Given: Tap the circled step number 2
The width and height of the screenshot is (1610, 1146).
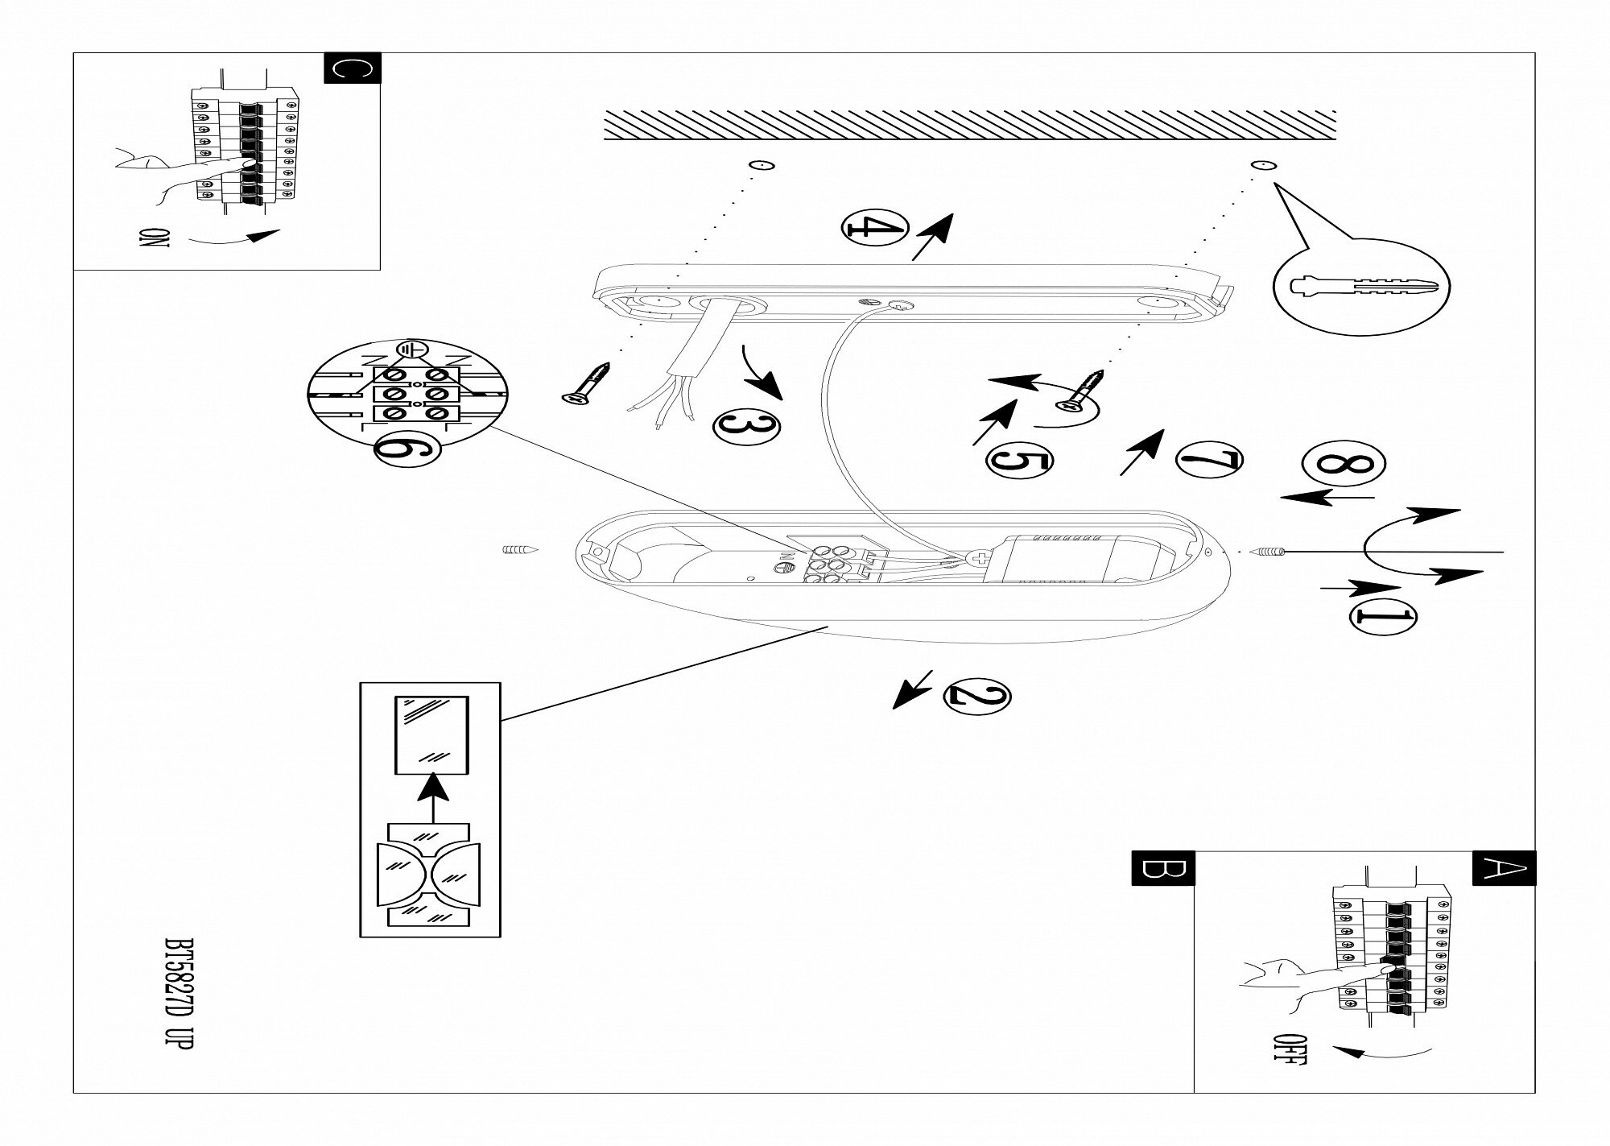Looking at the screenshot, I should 976,696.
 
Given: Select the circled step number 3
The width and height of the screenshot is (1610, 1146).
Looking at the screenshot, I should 746,425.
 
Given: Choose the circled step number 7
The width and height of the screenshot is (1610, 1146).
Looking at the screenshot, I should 1208,460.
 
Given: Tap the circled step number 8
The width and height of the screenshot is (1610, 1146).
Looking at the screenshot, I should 1344,465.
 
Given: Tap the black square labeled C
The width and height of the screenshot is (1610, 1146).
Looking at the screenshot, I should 352,68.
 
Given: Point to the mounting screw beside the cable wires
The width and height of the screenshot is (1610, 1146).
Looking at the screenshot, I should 586,382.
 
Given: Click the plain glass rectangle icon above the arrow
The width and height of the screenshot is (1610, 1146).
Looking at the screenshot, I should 431,734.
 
